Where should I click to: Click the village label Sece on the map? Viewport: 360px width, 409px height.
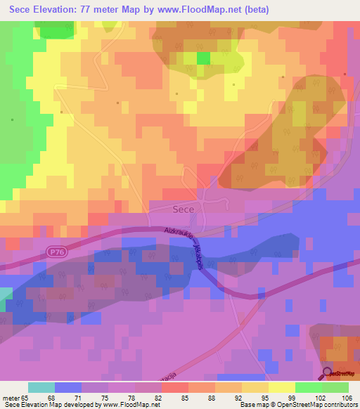tap(183, 209)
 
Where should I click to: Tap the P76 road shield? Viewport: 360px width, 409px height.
tap(58, 251)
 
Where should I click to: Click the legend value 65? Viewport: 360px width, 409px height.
tap(28, 397)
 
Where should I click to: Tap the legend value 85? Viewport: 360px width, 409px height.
tap(175, 397)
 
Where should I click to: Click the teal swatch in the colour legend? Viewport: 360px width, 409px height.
tap(41, 387)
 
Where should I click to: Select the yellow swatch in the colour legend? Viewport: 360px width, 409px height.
tap(282, 387)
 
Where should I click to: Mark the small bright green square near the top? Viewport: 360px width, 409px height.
tap(203, 58)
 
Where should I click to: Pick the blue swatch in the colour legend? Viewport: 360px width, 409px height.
tap(68, 387)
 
